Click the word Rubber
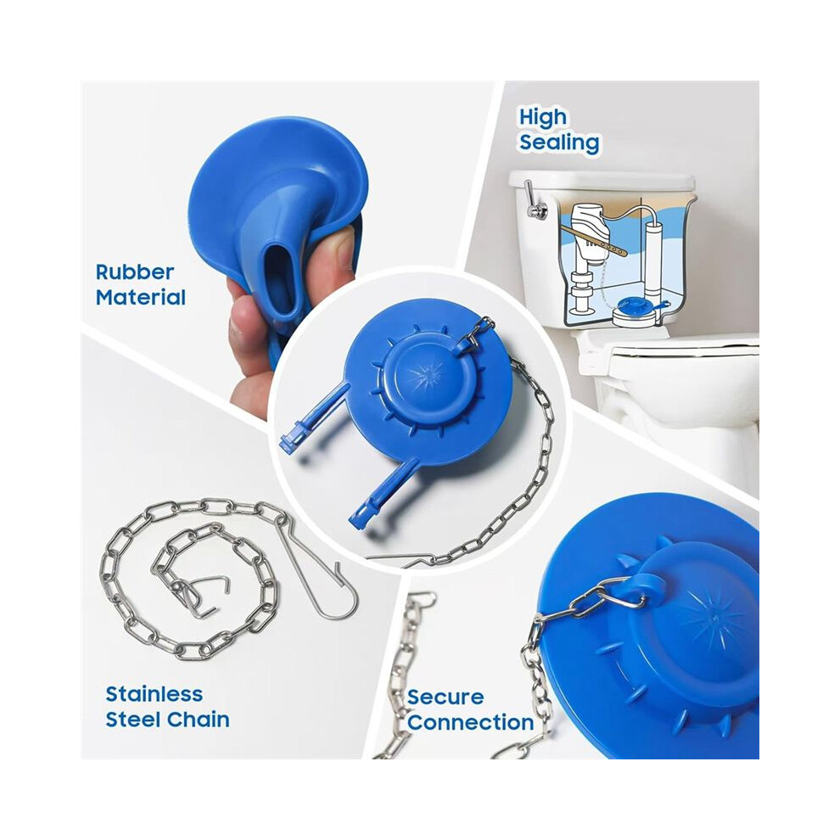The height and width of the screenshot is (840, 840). click(x=135, y=272)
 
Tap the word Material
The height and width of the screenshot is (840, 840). click(x=141, y=298)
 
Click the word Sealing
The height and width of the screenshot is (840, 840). click(x=559, y=143)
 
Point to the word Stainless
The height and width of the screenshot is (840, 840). click(x=154, y=694)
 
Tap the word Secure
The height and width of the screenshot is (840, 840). click(x=445, y=697)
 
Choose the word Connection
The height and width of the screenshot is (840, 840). click(x=470, y=723)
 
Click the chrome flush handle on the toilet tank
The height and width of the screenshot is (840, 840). click(x=533, y=201)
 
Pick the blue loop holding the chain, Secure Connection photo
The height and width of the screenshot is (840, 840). click(x=649, y=586)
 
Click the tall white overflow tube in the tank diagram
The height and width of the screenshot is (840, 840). click(x=652, y=256)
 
